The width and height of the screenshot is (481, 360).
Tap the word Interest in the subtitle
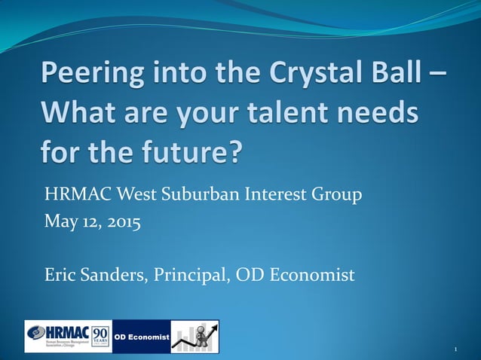[276, 196]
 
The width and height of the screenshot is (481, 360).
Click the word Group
[335, 196]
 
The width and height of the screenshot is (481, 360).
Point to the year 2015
[121, 223]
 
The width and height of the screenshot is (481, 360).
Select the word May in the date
[60, 223]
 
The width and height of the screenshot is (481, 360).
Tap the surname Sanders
[118, 275]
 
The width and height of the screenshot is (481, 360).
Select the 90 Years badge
[101, 336]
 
